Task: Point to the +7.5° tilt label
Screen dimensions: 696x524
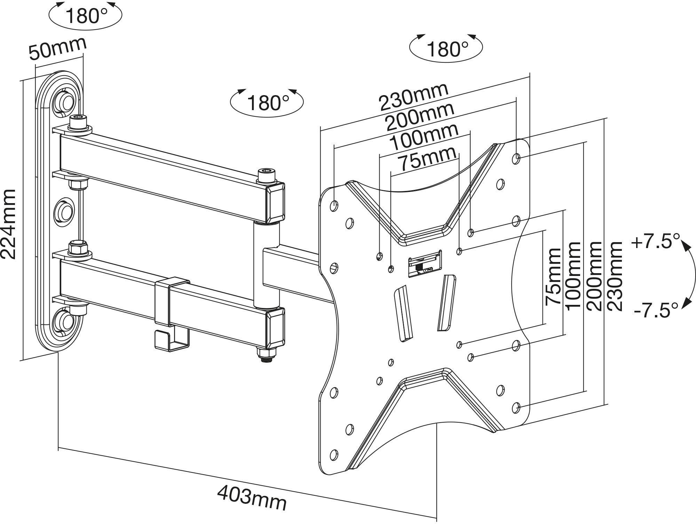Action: pos(655,241)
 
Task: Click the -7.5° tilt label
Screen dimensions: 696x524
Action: pos(656,310)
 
